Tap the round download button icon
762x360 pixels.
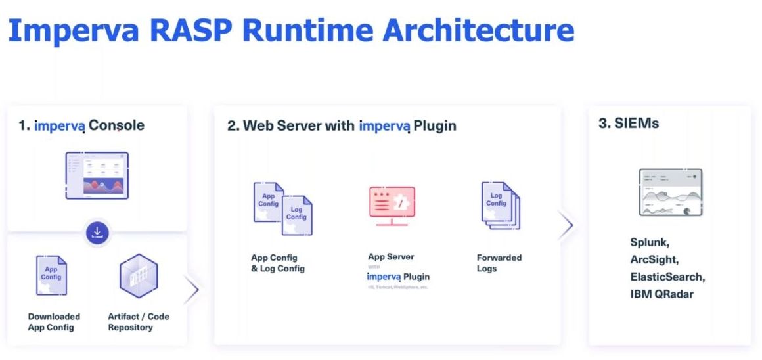point(97,232)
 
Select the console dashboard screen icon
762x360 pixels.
point(97,175)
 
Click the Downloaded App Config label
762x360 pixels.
point(54,322)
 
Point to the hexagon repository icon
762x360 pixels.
point(139,276)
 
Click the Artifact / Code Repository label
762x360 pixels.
point(139,322)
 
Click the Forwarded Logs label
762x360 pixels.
point(499,263)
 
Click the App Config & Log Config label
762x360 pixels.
point(278,263)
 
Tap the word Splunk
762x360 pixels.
point(650,242)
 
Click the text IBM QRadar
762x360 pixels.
point(661,294)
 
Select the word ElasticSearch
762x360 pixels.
point(667,277)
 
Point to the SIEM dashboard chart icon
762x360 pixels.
point(670,192)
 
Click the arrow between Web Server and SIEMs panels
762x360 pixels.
point(566,225)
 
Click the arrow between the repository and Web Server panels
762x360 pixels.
point(191,290)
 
